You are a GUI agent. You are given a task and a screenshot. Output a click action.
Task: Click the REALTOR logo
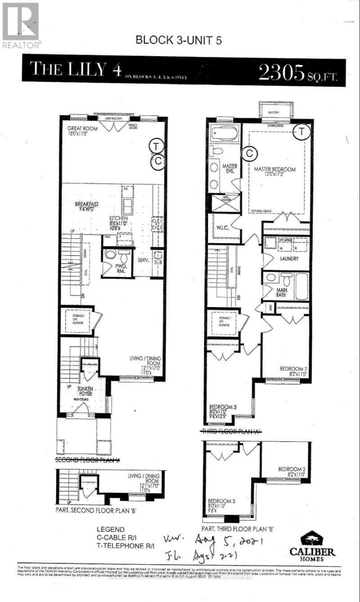[21, 25]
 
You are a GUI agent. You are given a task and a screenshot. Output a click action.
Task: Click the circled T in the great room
[157, 146]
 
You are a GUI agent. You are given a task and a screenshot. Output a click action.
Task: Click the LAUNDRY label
[289, 258]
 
